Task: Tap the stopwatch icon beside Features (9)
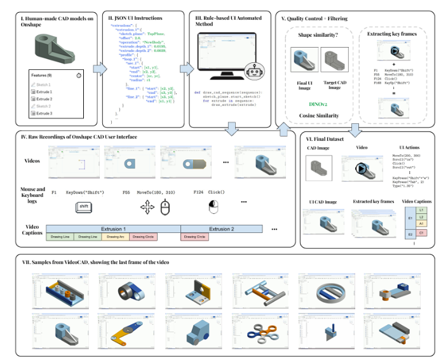(78, 76)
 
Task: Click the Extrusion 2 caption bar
(222, 229)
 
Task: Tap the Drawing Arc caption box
(114, 237)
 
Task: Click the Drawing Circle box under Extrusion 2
(196, 237)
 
